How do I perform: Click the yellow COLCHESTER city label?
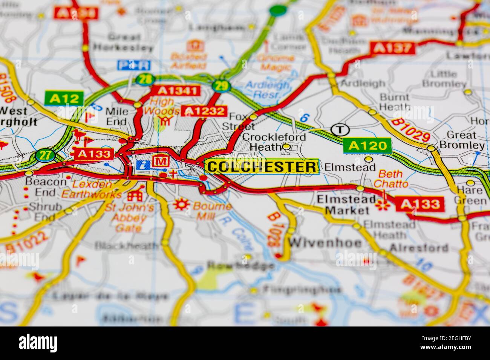262,166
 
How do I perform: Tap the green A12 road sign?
63,99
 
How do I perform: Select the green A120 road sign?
367,146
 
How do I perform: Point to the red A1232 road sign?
204,111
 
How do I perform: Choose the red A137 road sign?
393,48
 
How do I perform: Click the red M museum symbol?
161,161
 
